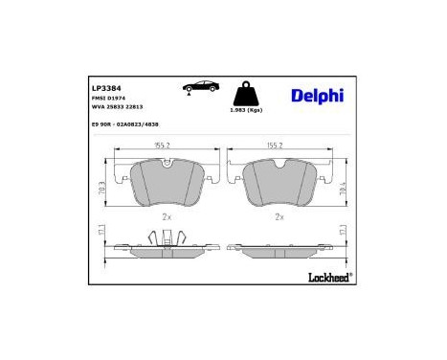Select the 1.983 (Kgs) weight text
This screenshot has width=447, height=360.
click(x=247, y=113)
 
